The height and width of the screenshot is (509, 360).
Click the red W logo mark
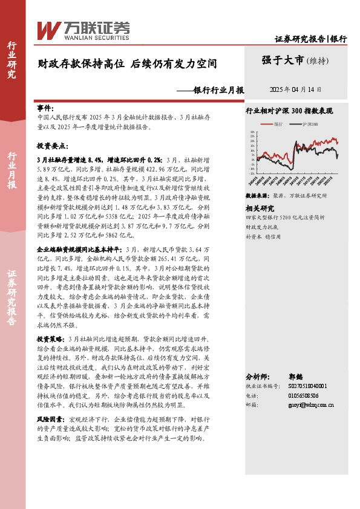[x=48, y=29]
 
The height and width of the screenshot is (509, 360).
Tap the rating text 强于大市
[x=283, y=60]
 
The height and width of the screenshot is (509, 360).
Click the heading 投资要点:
[x=52, y=146]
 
